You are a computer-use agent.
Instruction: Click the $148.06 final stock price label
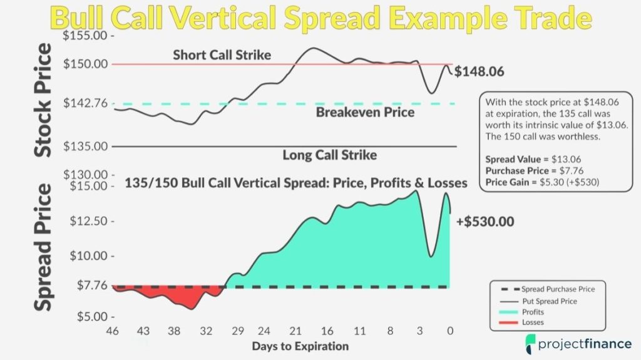(x=479, y=72)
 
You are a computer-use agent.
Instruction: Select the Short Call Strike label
(x=222, y=55)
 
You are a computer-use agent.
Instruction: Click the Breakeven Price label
(x=365, y=113)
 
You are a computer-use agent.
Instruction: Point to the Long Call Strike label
(x=330, y=155)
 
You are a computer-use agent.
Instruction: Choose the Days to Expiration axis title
(x=300, y=346)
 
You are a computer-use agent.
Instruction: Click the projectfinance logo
(x=575, y=342)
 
